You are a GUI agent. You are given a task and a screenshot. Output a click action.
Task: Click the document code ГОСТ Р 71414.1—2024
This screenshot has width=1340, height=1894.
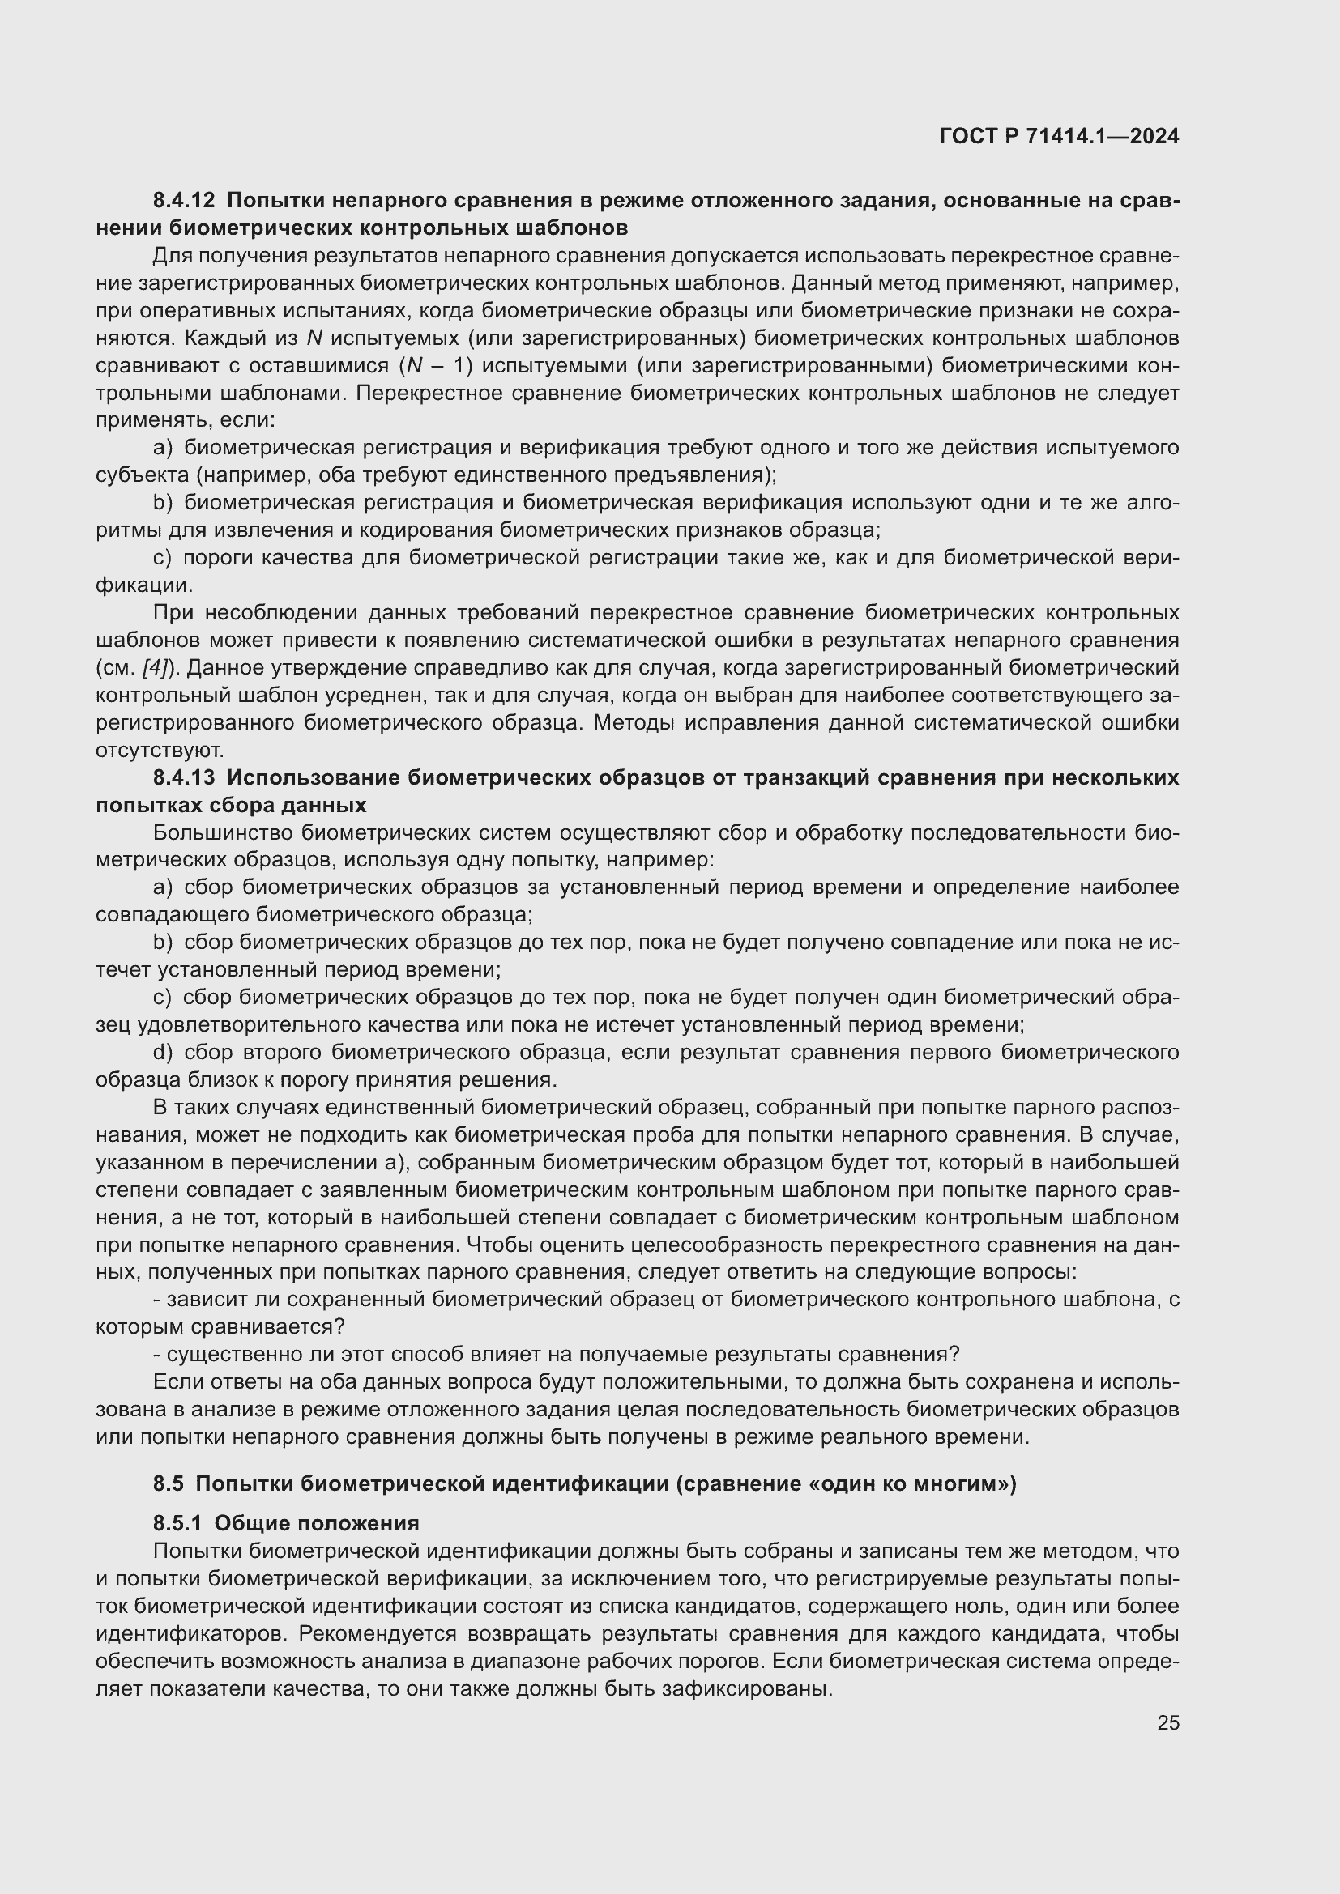[x=1059, y=136]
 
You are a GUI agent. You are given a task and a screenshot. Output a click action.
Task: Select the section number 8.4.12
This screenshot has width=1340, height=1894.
[x=183, y=201]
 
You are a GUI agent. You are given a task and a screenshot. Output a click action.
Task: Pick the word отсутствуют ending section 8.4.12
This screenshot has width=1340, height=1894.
[x=160, y=750]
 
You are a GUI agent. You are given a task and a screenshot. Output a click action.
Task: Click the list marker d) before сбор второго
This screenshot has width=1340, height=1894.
[x=163, y=1053]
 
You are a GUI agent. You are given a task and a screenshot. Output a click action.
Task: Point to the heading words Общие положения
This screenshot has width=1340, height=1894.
[x=317, y=1523]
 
